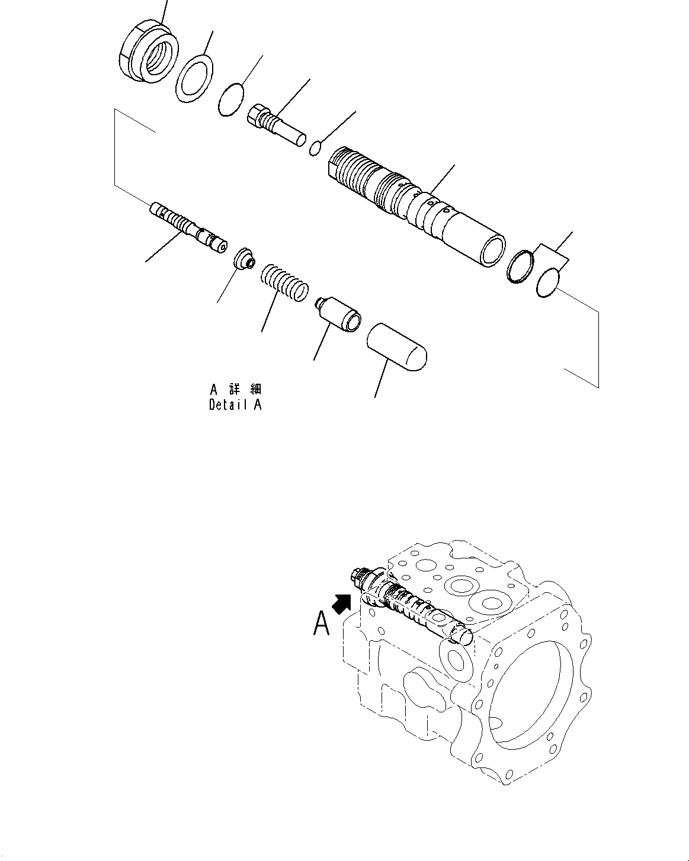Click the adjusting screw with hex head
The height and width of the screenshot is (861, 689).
pyautogui.click(x=274, y=124)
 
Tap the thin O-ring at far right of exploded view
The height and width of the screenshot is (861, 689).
pyautogui.click(x=547, y=282)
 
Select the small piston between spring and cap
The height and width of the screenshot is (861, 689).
pyautogui.click(x=337, y=313)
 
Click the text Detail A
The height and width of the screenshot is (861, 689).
pyautogui.click(x=235, y=405)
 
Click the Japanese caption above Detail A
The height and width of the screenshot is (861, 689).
pyautogui.click(x=235, y=390)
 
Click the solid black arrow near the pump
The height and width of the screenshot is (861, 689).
pyautogui.click(x=343, y=605)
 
